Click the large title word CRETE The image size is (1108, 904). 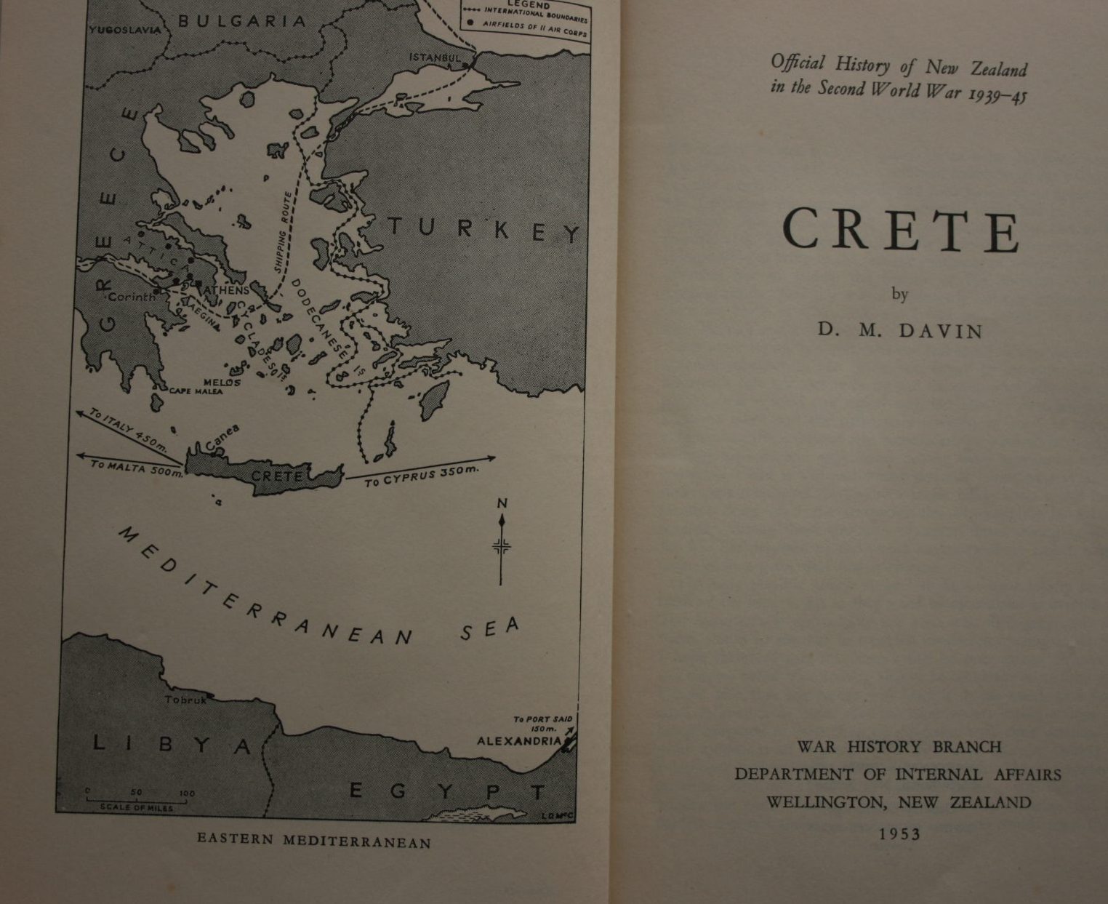click(x=902, y=231)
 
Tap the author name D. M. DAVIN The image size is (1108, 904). click(x=900, y=331)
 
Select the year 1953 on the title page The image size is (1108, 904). click(x=900, y=834)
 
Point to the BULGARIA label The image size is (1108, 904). click(x=242, y=21)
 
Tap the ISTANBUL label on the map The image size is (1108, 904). click(x=435, y=57)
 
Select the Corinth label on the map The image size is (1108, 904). click(x=132, y=297)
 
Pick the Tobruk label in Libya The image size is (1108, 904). click(x=185, y=700)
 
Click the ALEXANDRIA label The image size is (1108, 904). click(x=519, y=741)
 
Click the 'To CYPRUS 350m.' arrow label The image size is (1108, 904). click(x=421, y=476)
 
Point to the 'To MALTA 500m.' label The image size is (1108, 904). click(x=135, y=468)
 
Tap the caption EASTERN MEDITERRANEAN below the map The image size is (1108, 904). click(x=314, y=841)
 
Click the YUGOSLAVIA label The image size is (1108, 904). click(x=125, y=30)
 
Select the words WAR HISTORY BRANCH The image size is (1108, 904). click(x=899, y=747)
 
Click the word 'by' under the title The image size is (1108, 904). click(x=899, y=295)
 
